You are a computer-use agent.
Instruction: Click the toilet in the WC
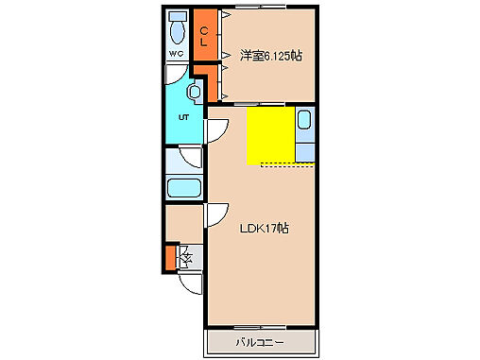point(177,30)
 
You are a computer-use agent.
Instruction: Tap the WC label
point(177,54)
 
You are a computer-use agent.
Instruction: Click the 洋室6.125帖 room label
point(270,56)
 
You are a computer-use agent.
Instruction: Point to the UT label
point(184,117)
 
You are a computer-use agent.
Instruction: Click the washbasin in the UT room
point(194,93)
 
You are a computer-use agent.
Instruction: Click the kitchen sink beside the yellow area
point(304,120)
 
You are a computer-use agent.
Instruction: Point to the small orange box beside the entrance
point(170,256)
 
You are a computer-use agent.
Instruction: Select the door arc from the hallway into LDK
point(217,215)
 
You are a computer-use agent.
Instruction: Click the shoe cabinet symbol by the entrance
point(185,256)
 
